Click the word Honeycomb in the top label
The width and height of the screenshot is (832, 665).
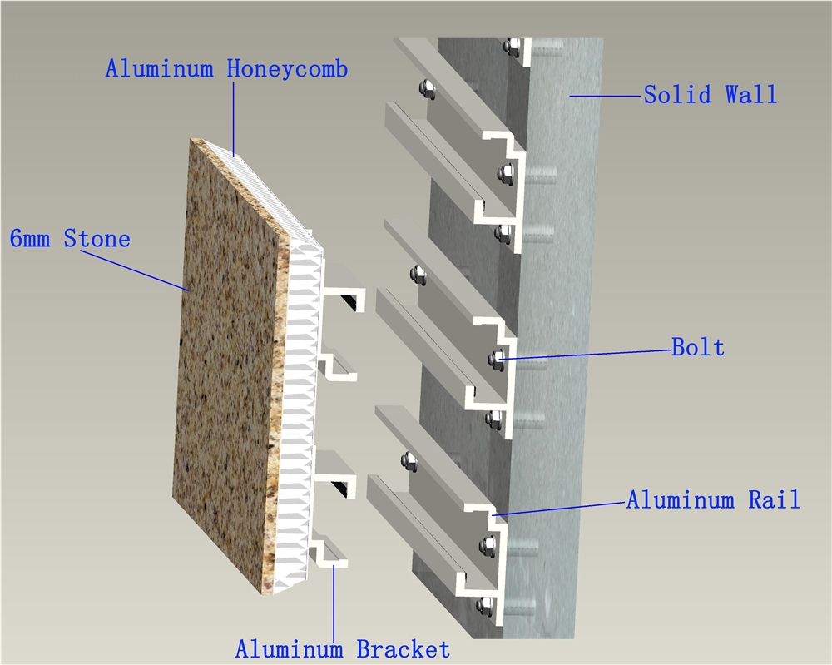coord(287,69)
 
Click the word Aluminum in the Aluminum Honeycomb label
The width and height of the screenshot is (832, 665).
coord(159,69)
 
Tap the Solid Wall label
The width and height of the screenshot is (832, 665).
coord(711,95)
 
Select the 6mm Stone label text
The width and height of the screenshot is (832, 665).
coord(70,238)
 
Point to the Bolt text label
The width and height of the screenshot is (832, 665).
coord(698,347)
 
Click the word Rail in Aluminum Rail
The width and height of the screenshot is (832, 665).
coord(774,500)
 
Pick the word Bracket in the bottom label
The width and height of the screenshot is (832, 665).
coord(403,649)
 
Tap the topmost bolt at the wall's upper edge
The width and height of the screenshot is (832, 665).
coord(513,47)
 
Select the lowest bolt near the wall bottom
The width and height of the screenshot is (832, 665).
coord(484,604)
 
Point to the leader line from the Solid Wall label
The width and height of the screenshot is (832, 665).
coord(606,96)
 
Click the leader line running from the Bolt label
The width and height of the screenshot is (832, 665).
coord(585,355)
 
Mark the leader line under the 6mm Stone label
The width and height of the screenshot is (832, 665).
coord(135,270)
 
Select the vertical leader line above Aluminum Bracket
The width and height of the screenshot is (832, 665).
coord(334,603)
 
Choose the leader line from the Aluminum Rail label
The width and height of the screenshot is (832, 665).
coord(559,508)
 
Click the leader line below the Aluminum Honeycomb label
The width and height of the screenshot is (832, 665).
coord(233,119)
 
